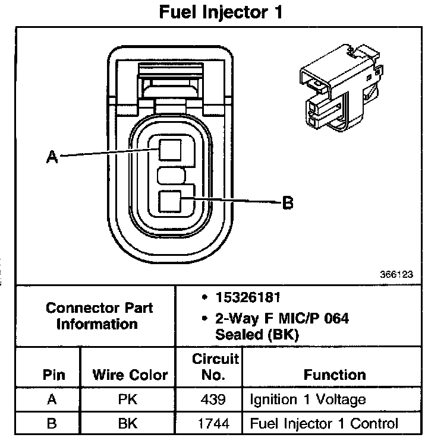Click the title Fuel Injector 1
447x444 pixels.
point(220,12)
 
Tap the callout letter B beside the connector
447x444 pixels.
point(288,203)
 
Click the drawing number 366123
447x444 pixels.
point(396,275)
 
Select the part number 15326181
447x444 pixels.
point(240,296)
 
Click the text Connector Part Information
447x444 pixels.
point(99,316)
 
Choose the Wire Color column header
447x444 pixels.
point(130,375)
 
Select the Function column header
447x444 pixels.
point(335,375)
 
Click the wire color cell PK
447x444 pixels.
point(129,400)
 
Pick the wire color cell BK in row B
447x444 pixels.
point(129,424)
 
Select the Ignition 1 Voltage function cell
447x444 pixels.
point(308,400)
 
